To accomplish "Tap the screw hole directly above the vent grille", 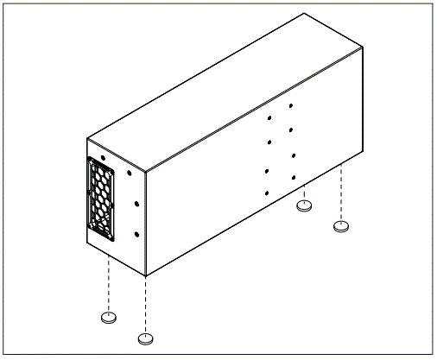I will tap(104, 159).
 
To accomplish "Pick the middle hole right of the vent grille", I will tap(136, 204).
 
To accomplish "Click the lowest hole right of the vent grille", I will tap(137, 233).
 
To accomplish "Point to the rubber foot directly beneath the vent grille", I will tap(109, 317).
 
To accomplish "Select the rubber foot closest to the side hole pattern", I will tap(303, 205).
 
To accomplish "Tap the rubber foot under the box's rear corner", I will tap(342, 226).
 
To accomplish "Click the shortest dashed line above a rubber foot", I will tap(303, 194).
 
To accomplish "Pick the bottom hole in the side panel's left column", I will tap(267, 192).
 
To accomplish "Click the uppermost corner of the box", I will tap(304, 13).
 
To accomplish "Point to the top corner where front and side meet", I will tap(147, 169).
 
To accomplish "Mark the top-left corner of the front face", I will tap(88, 138).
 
